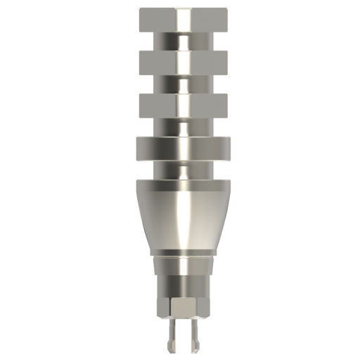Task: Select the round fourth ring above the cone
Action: (162, 149)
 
